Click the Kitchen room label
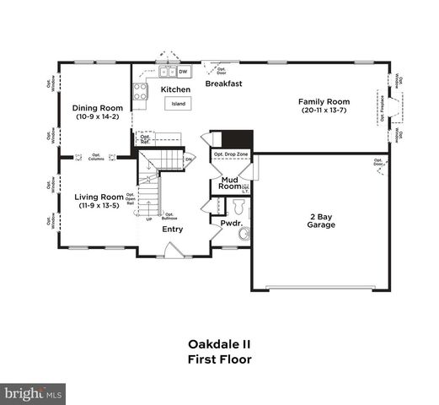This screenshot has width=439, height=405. point(176,89)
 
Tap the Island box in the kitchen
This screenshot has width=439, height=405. point(179,104)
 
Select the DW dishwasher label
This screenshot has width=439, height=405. point(182,73)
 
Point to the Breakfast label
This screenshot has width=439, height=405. point(224,84)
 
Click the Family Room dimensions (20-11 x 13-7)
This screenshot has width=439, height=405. point(324,111)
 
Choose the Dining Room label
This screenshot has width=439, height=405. point(98,108)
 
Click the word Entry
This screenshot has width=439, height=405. point(173,229)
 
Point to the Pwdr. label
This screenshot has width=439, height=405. point(232,224)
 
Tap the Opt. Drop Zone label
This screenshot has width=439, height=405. point(230,155)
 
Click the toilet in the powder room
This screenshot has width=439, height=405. point(244,234)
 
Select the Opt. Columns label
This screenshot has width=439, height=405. point(96,157)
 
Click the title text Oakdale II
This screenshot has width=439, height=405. point(219,344)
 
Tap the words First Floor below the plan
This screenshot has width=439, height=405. point(219,359)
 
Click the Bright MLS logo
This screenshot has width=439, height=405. point(34,393)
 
